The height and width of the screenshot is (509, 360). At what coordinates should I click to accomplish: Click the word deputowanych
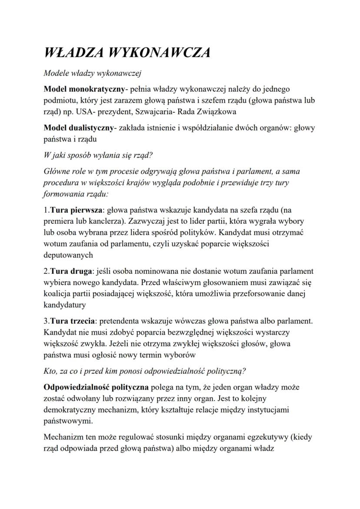68,255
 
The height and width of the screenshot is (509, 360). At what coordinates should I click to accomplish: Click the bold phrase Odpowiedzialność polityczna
96,387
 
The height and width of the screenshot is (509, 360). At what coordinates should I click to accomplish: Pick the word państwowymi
68,421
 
